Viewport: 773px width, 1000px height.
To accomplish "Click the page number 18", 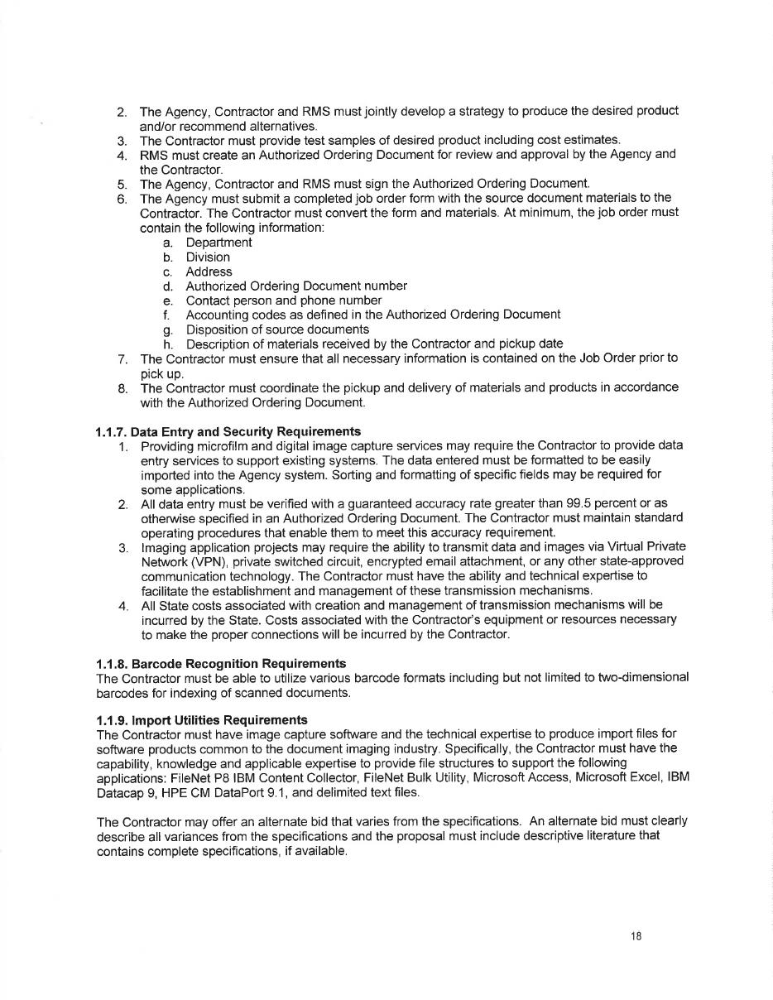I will point(636,936).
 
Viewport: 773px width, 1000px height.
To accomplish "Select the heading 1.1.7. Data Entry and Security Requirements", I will point(228,431).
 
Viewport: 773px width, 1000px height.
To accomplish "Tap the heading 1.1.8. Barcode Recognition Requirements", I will point(221,663).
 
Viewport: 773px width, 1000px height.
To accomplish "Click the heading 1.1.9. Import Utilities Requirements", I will point(202,719).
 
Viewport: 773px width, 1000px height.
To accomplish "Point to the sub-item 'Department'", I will point(218,243).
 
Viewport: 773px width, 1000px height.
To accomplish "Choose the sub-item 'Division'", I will point(208,257).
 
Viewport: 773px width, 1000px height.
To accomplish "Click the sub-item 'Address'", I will point(209,272).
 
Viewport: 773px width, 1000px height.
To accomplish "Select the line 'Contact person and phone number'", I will point(283,300).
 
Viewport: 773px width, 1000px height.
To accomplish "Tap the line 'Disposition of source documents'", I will point(277,329).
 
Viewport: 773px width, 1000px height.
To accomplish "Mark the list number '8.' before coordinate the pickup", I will point(122,387).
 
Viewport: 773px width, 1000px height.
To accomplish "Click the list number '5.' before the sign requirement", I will point(122,183).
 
